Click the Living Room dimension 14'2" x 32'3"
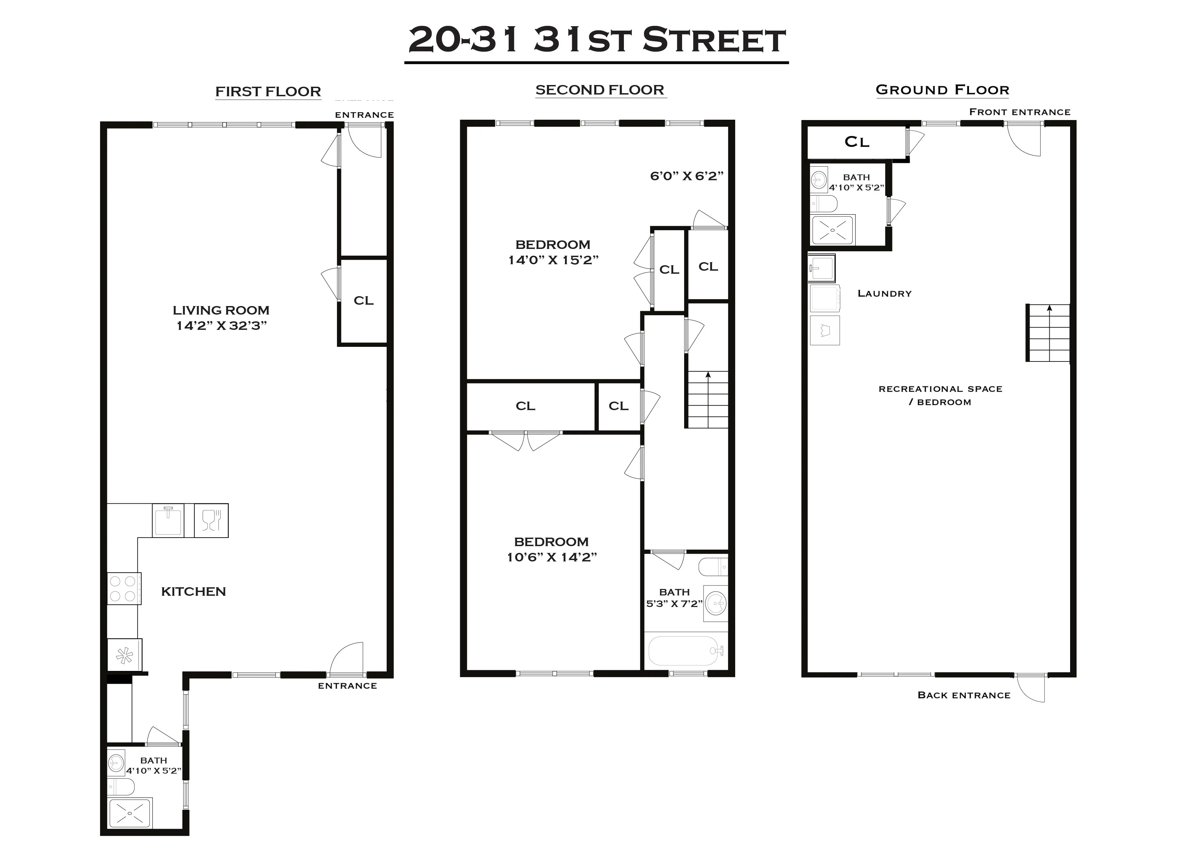(x=222, y=326)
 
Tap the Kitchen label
(x=193, y=591)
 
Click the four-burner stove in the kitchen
(x=123, y=589)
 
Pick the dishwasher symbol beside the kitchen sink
(x=211, y=520)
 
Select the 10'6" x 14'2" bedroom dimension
(x=552, y=557)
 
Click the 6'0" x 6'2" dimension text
(x=687, y=176)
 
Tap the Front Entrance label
(x=1019, y=112)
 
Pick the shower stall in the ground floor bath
(x=832, y=230)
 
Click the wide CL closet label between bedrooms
(x=525, y=406)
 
